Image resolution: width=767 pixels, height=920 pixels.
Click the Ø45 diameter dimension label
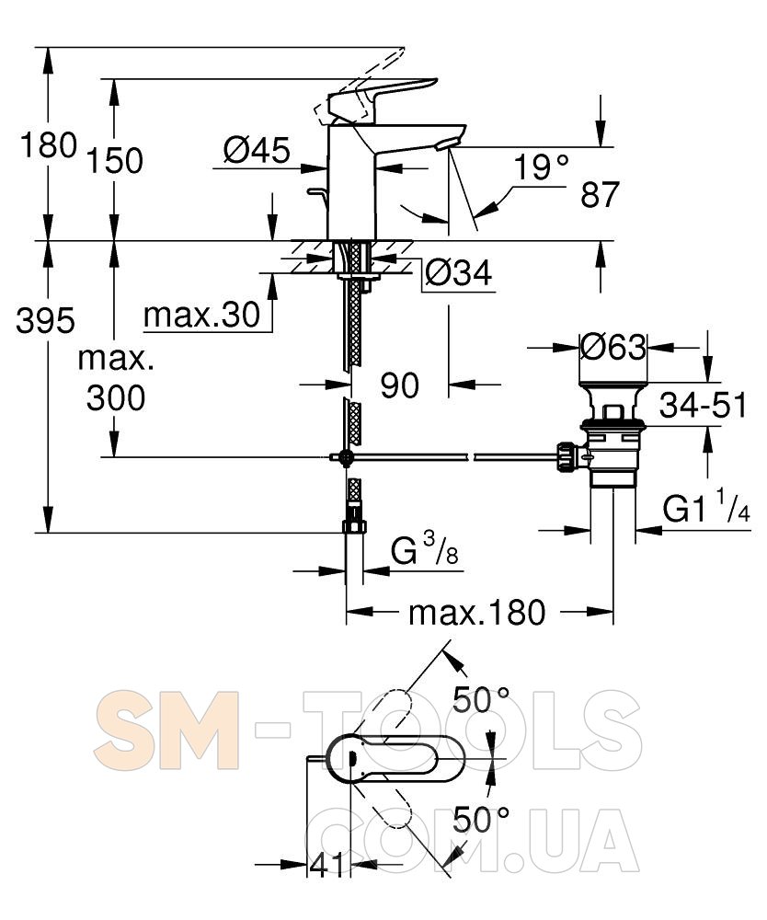pyautogui.click(x=257, y=150)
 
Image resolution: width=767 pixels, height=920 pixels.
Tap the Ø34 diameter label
pyautogui.click(x=459, y=273)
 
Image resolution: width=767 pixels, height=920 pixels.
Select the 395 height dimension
pyautogui.click(x=46, y=320)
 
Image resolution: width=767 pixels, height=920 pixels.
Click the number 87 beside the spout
pyautogui.click(x=600, y=195)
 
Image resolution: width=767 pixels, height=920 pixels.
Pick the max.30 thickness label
pyautogui.click(x=201, y=315)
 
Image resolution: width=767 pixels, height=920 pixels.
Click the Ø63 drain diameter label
pyautogui.click(x=612, y=348)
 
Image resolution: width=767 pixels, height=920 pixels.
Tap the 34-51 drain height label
pyautogui.click(x=703, y=405)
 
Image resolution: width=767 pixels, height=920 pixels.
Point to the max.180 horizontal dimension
pyautogui.click(x=477, y=613)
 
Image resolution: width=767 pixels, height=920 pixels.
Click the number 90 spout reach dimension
pyautogui.click(x=400, y=385)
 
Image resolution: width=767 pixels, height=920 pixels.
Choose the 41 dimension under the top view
pyautogui.click(x=327, y=865)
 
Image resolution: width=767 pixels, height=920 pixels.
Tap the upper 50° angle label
pyautogui.click(x=481, y=699)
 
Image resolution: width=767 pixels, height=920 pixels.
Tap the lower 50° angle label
pyautogui.click(x=481, y=820)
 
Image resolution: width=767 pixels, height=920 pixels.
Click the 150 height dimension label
pyautogui.click(x=115, y=161)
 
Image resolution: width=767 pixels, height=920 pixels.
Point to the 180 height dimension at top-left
pyautogui.click(x=48, y=145)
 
